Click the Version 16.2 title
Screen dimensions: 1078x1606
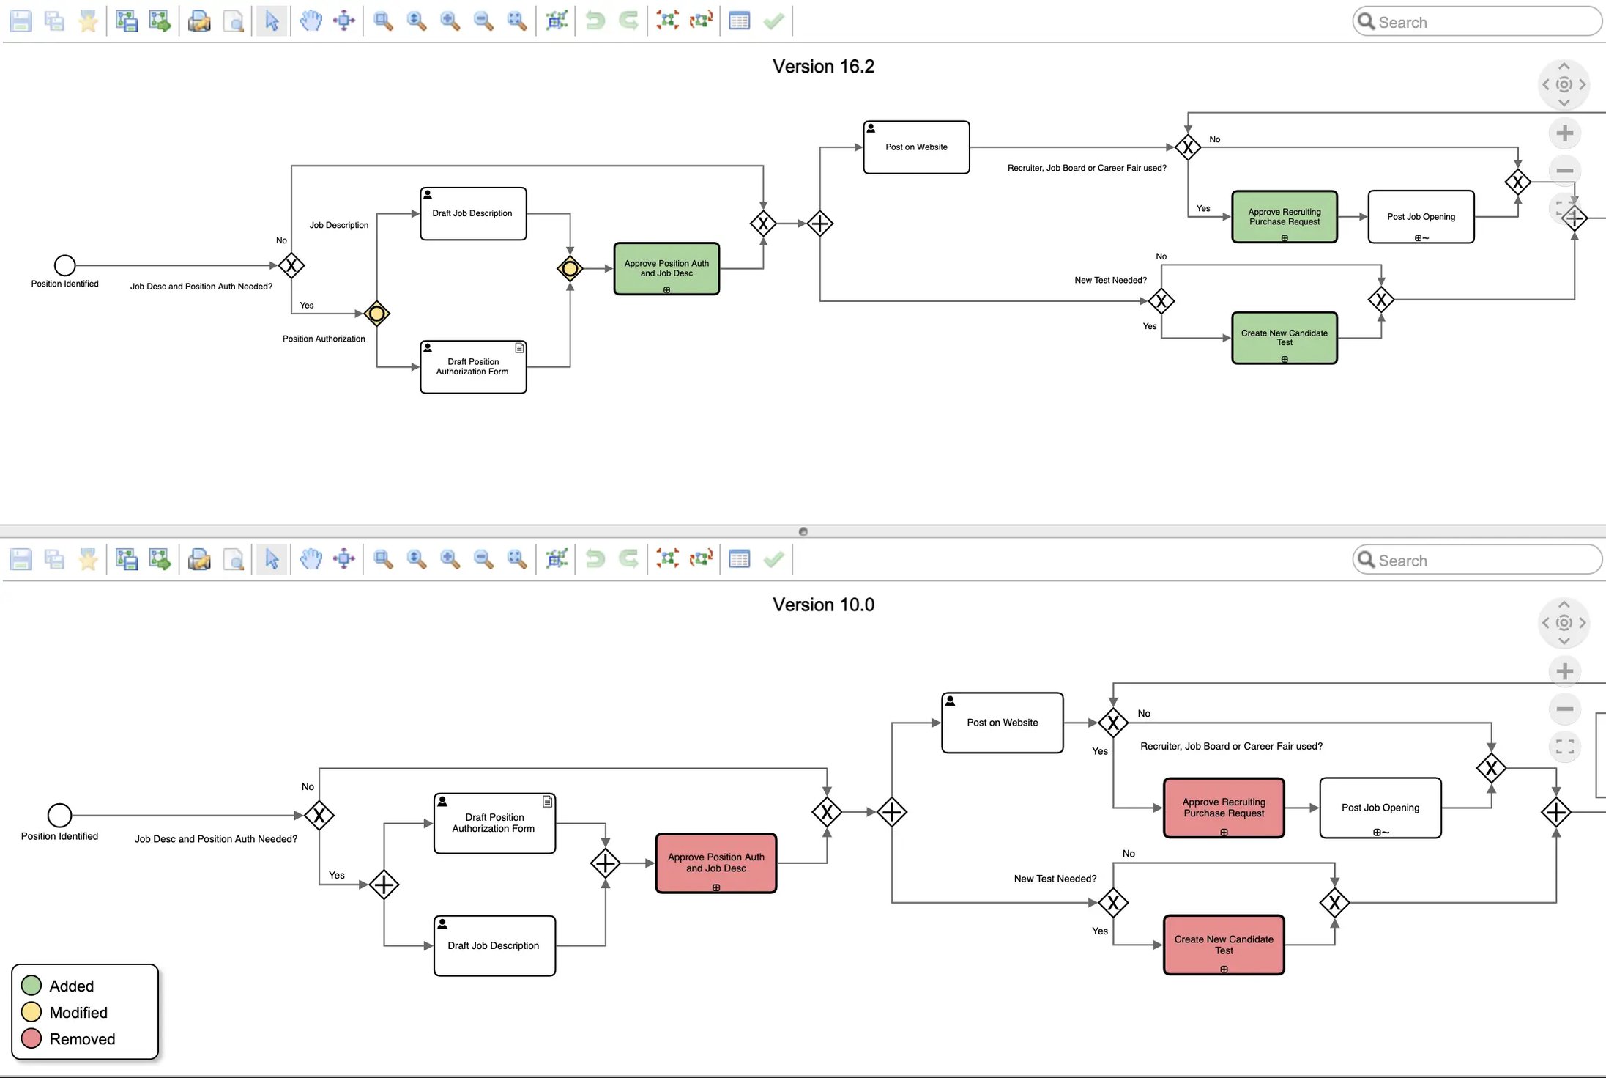tap(823, 67)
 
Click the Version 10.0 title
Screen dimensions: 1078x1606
tap(823, 605)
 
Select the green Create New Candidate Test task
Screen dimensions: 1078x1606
tap(1284, 338)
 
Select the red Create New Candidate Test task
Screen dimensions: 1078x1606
tap(1223, 944)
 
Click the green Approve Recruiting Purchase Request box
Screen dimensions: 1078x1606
tap(1284, 216)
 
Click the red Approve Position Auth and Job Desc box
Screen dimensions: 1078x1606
tap(715, 863)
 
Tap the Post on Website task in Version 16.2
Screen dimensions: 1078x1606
tap(915, 147)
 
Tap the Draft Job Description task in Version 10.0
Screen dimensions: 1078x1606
tap(494, 945)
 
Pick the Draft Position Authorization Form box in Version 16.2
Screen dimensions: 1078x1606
tap(472, 366)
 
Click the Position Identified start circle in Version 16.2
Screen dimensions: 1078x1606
tap(64, 265)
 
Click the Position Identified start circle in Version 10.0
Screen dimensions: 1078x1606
tap(59, 815)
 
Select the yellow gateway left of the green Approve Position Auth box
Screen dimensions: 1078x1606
tap(570, 269)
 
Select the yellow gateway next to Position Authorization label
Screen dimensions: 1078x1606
tap(376, 314)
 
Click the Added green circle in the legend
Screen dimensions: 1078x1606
tap(31, 986)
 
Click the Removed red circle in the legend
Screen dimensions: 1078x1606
tap(31, 1038)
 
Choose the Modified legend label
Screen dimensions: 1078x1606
tap(78, 1012)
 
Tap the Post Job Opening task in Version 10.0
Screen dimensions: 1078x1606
tap(1380, 808)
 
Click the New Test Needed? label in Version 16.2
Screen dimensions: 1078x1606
tap(1110, 280)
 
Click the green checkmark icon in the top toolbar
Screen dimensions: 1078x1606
tap(773, 21)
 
